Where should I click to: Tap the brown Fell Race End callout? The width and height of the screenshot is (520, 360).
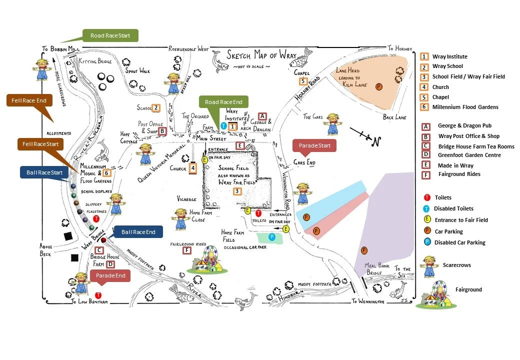tap(27, 100)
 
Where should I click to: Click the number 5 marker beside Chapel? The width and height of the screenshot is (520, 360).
tap(303, 81)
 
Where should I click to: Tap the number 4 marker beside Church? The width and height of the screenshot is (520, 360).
tap(192, 168)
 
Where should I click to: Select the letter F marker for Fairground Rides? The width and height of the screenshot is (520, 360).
tap(187, 250)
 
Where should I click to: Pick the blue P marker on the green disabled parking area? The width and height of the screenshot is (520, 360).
tap(271, 236)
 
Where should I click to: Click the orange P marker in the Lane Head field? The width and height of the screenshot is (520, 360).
tap(378, 86)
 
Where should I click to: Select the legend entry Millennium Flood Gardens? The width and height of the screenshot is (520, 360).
tap(465, 107)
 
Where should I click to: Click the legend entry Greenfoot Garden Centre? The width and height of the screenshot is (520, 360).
tap(469, 155)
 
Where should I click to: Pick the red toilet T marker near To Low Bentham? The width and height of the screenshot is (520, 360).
tap(98, 295)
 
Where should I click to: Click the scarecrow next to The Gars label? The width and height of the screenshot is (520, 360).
tap(333, 123)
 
